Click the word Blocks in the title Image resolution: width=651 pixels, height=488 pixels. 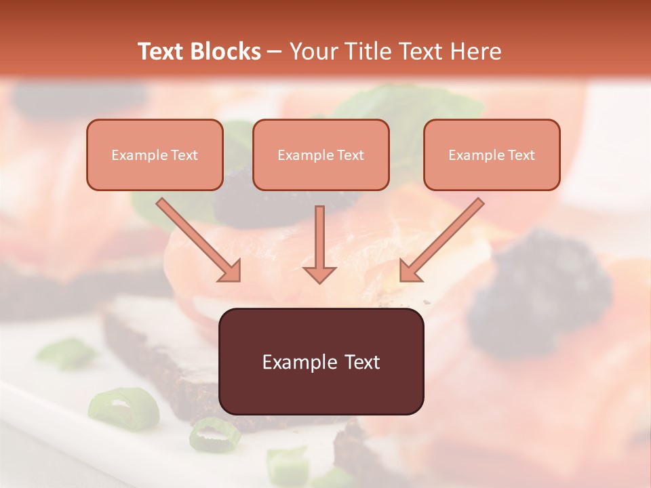pyautogui.click(x=225, y=52)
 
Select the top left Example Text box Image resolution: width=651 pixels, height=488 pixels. pyautogui.click(x=155, y=155)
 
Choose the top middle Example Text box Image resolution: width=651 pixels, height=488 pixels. pyautogui.click(x=321, y=155)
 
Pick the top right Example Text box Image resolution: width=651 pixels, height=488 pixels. pyautogui.click(x=492, y=155)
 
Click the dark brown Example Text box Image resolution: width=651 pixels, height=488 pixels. pyautogui.click(x=321, y=362)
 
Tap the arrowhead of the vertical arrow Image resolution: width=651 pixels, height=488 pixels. pyautogui.click(x=319, y=272)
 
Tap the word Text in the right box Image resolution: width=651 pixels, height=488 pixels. pyautogui.click(x=521, y=155)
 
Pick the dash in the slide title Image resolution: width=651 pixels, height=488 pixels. pyautogui.click(x=275, y=52)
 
